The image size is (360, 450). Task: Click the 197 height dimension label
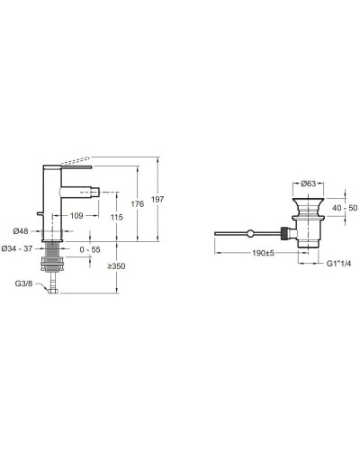pos(157,199)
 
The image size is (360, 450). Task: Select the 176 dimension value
pos(138,204)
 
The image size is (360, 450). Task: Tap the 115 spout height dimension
pos(116,217)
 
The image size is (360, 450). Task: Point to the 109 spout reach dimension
pos(76,215)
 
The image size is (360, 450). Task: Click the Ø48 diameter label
pos(21,231)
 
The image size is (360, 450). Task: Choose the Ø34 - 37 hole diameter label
pos(17,248)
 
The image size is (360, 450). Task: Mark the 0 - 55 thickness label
pos(90,249)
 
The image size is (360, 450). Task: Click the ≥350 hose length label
pos(117,266)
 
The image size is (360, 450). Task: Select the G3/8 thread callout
pos(23,283)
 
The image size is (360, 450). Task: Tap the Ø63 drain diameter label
pos(308,184)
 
